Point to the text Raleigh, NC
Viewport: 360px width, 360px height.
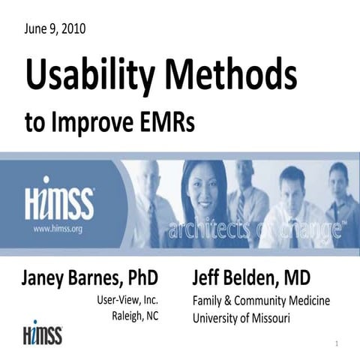pos(135,316)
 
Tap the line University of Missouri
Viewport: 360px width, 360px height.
pos(241,316)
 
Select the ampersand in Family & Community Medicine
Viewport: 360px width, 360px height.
pos(233,299)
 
